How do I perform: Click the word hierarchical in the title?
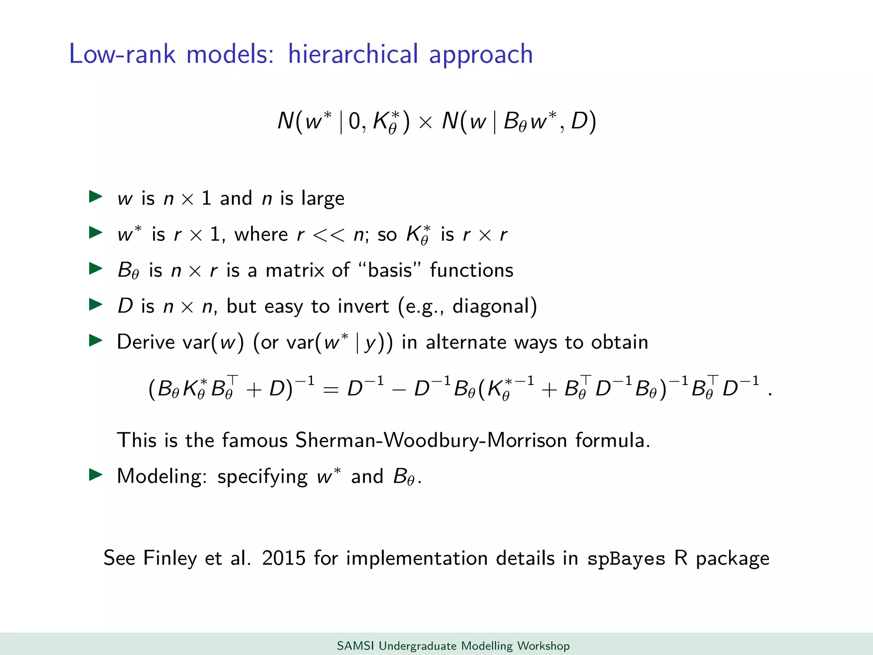[x=353, y=54]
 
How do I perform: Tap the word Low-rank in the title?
[x=122, y=54]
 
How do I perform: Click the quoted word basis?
[x=390, y=270]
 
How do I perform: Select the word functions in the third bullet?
[x=471, y=270]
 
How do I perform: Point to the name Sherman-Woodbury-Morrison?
[x=431, y=440]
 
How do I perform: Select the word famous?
[x=254, y=440]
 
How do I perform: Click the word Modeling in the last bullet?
[x=162, y=476]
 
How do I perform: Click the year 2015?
[x=284, y=558]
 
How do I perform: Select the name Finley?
[x=170, y=558]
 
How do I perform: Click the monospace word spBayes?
[x=626, y=559]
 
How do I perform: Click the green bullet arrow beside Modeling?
[x=95, y=475]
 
